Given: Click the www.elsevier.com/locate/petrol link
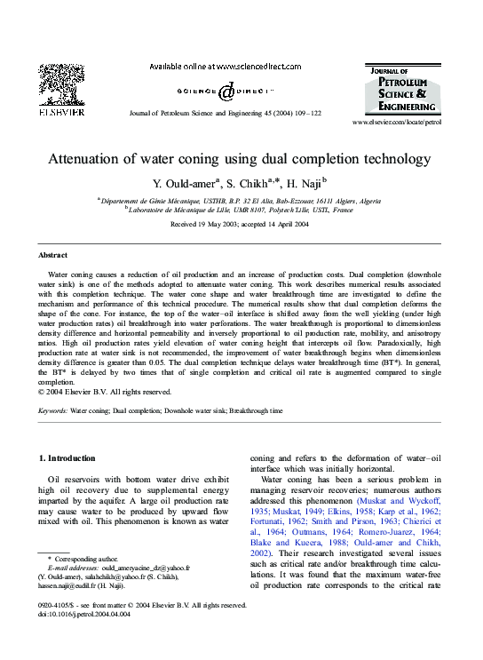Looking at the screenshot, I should [396, 123].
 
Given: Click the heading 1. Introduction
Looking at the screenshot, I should [68, 457].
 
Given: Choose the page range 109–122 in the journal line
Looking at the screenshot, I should [307, 114].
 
